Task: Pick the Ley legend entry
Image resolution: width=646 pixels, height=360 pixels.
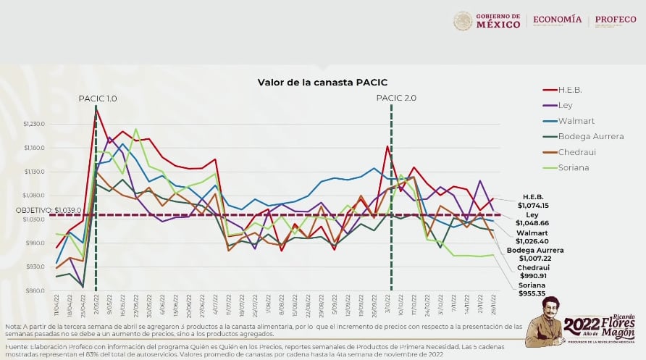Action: [x=566, y=105]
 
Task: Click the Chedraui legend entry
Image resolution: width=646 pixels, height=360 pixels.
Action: [x=576, y=152]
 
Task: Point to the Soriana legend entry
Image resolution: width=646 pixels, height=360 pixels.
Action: [x=575, y=167]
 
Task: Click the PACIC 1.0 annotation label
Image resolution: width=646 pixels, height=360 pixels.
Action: [x=98, y=98]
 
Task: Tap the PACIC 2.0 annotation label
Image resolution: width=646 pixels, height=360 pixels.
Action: [x=396, y=98]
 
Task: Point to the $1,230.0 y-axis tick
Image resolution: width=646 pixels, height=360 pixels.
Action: [x=35, y=124]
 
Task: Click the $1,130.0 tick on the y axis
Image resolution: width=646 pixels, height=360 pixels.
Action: [x=35, y=172]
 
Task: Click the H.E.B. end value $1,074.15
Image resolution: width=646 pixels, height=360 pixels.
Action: [x=534, y=206]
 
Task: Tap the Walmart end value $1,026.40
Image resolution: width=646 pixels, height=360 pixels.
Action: [x=532, y=241]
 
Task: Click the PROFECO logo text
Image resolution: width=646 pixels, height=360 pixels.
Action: [x=616, y=20]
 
